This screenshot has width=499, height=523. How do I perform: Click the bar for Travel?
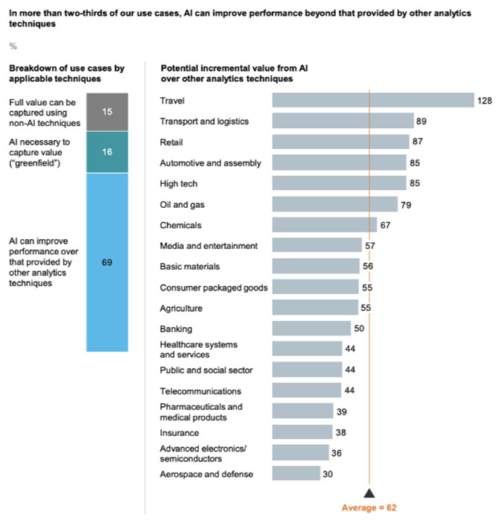pyautogui.click(x=372, y=100)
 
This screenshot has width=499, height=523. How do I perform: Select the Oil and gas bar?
pyautogui.click(x=334, y=204)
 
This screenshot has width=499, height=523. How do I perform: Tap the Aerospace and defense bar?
pyautogui.click(x=296, y=474)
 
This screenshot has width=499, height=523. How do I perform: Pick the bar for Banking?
pyautogui.click(x=311, y=329)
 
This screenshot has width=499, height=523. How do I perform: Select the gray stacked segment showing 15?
pyautogui.click(x=107, y=112)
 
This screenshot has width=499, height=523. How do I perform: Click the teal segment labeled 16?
pyautogui.click(x=107, y=152)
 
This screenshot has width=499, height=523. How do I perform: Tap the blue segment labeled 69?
pyautogui.click(x=107, y=262)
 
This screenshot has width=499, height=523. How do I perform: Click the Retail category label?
pyautogui.click(x=171, y=142)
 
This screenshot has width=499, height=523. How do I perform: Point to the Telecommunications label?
pyautogui.click(x=200, y=390)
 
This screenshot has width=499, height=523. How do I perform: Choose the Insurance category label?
pyautogui.click(x=179, y=432)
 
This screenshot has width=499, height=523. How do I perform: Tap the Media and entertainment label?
pyautogui.click(x=209, y=246)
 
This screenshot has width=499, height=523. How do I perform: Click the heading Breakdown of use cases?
pyautogui.click(x=66, y=73)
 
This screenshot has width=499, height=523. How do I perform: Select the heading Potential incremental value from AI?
pyautogui.click(x=235, y=73)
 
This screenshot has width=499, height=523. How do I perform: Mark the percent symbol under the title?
pyautogui.click(x=13, y=46)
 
